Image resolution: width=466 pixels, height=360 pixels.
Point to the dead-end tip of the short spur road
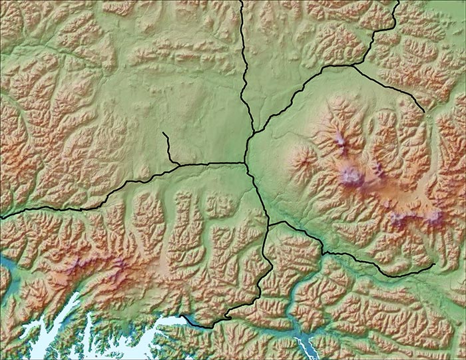(163, 132)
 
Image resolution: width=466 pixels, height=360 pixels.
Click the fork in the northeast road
(351, 66)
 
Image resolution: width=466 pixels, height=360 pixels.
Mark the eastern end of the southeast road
(434, 264)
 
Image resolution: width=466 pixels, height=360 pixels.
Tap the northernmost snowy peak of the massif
(341, 139)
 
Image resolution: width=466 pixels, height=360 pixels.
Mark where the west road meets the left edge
(1, 216)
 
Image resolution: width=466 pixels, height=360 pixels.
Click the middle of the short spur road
(168, 149)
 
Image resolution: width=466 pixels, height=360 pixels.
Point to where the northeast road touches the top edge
(398, 2)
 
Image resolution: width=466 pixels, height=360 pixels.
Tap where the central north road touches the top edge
(241, 2)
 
